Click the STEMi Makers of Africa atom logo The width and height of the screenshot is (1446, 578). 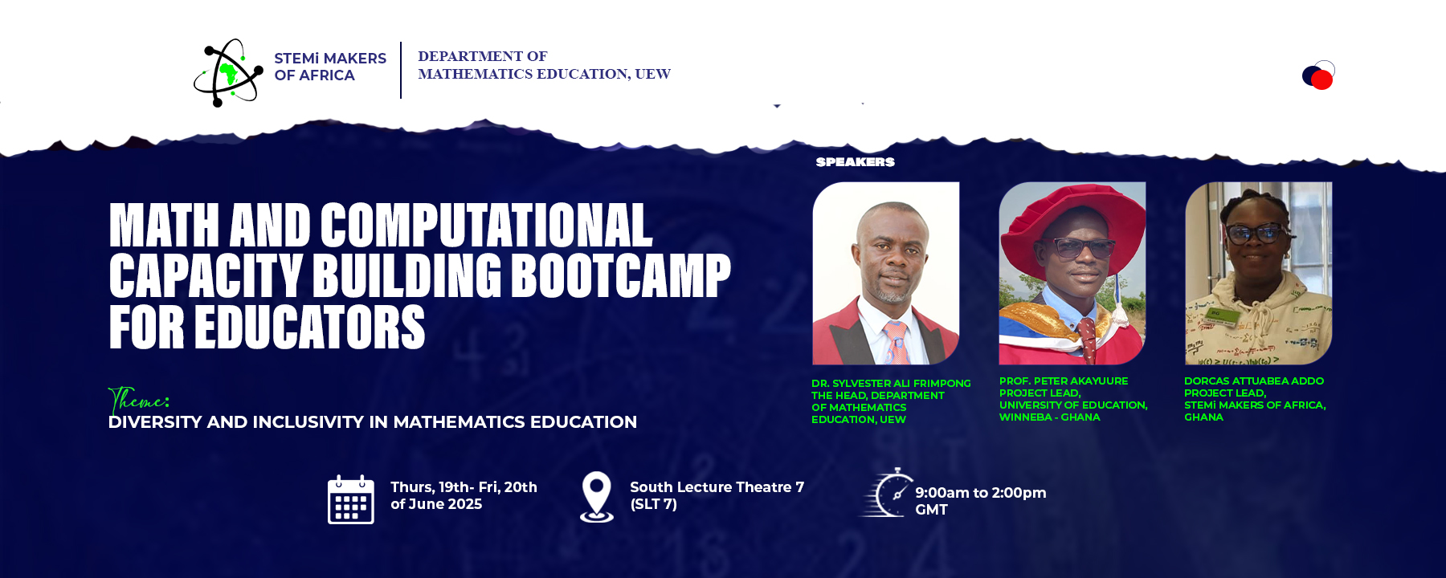228,72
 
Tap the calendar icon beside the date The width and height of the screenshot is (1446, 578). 351,499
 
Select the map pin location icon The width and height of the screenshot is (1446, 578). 597,497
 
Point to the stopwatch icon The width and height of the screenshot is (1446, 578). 887,493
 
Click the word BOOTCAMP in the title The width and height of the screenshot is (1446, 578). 621,275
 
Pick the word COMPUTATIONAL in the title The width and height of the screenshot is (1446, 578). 487,225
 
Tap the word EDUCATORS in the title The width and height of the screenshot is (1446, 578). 309,327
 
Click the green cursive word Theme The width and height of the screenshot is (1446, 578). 138,400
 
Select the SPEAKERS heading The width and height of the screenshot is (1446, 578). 855,162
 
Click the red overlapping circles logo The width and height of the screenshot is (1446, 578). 1318,75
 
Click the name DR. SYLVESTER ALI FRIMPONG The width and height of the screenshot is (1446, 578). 891,384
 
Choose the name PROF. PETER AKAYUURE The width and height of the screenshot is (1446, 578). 1064,381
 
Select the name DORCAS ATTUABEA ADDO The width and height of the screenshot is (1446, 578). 1254,381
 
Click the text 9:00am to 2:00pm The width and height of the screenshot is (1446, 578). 981,493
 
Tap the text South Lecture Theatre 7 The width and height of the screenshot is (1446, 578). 717,487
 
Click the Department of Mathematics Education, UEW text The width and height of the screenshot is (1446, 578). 544,65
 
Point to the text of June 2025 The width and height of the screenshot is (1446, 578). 436,504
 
